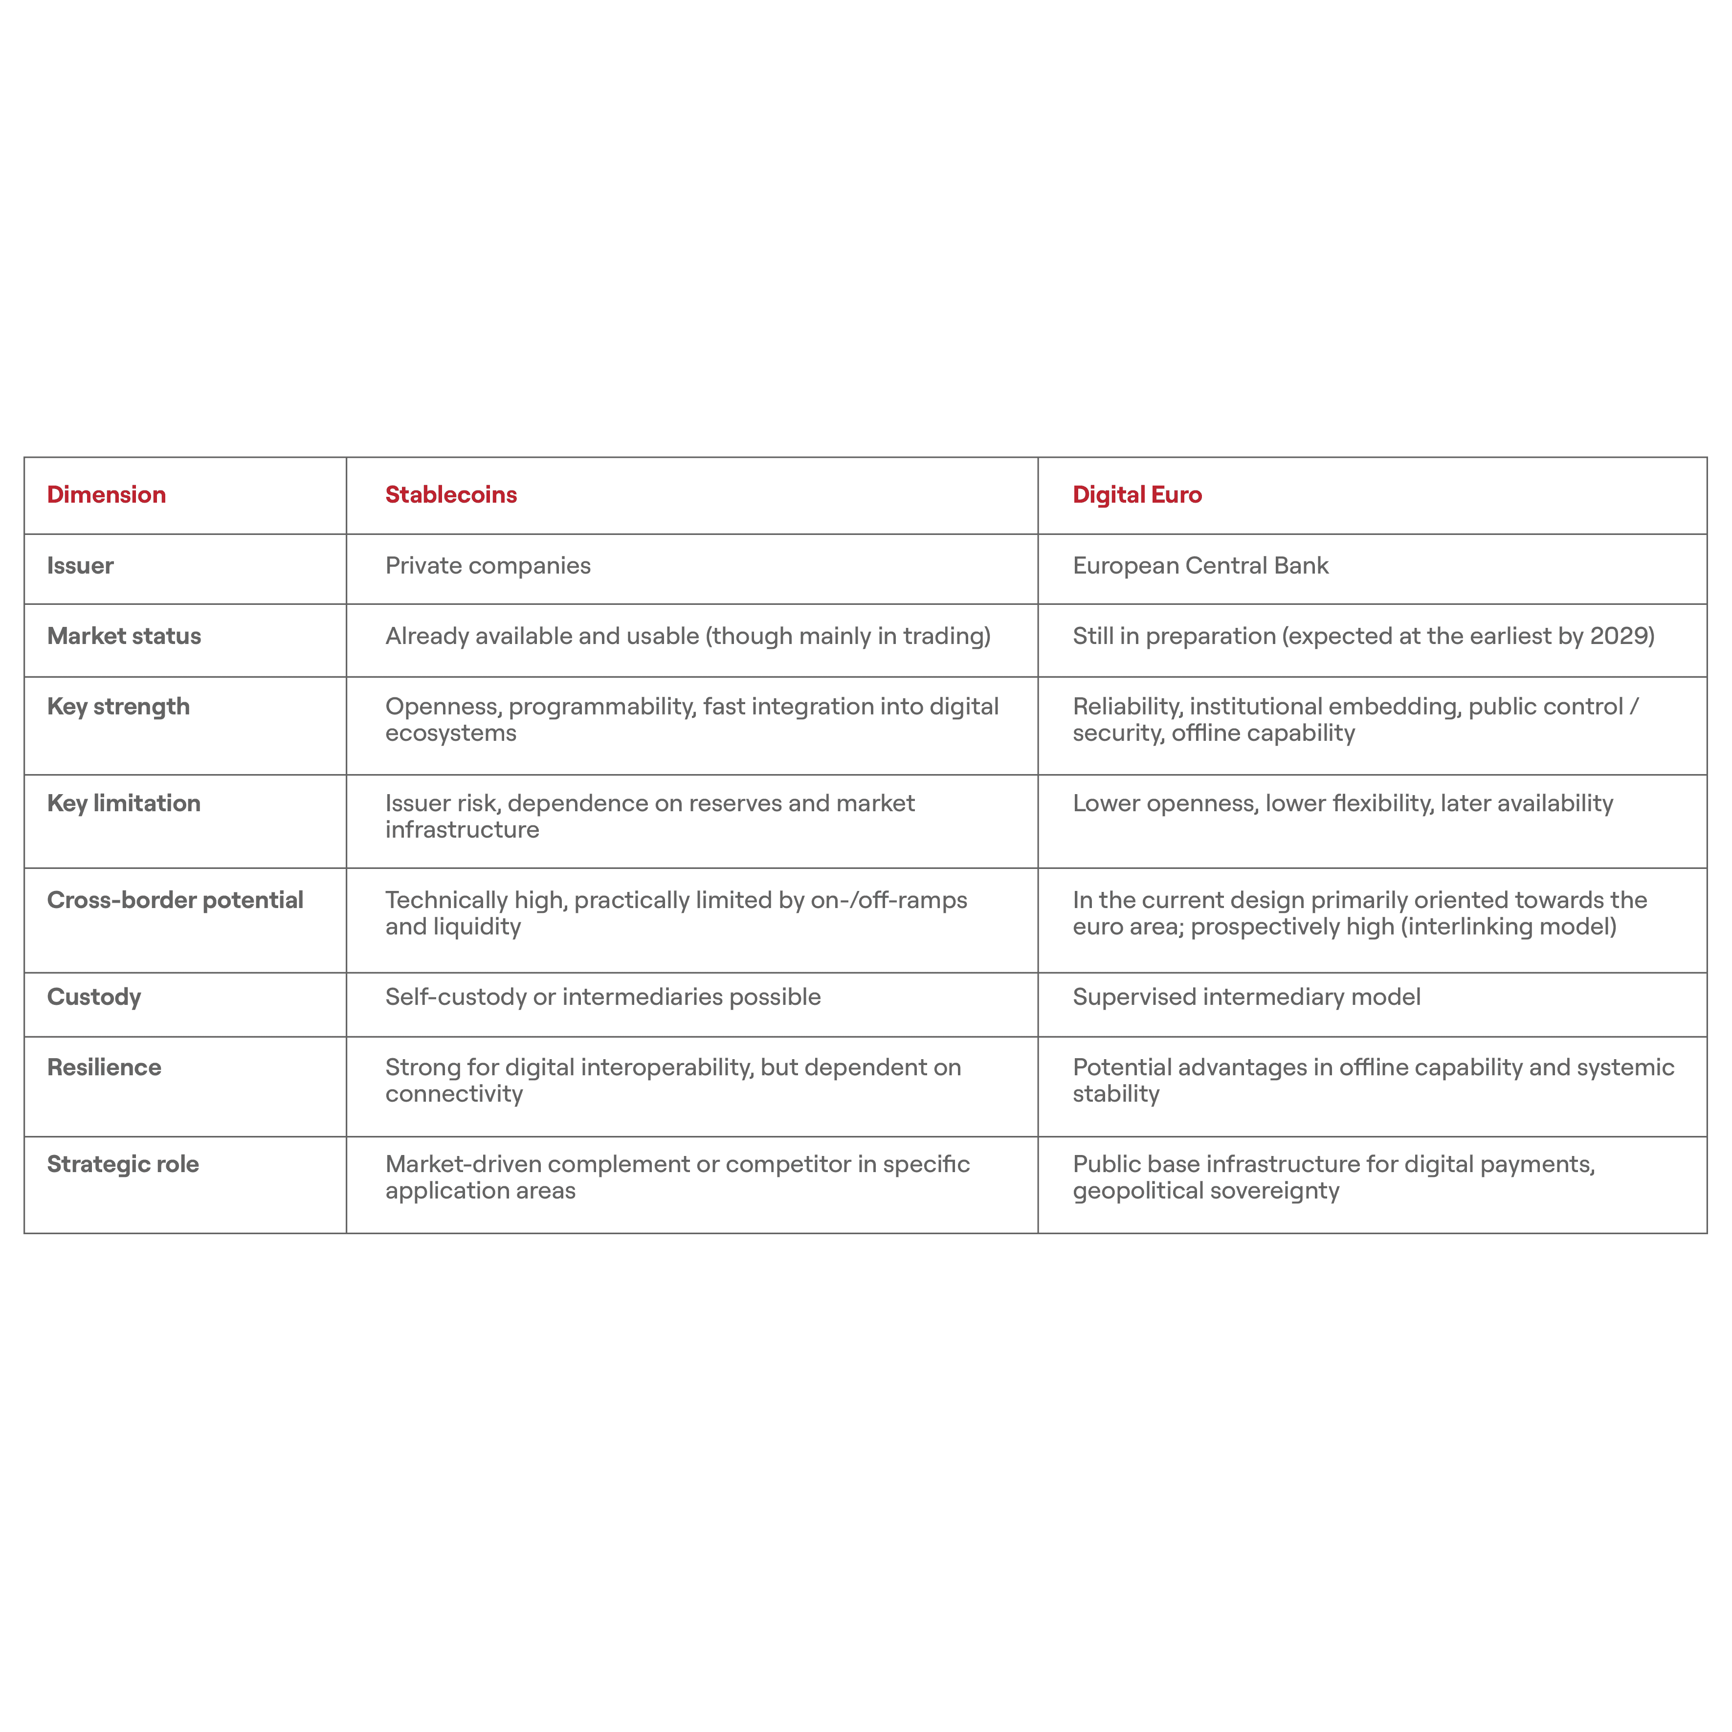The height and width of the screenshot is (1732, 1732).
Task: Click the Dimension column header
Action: coord(106,495)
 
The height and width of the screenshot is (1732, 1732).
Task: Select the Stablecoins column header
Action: coord(451,495)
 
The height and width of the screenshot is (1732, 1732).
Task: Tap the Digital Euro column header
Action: coord(1137,495)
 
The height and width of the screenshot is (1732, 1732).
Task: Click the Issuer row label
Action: coord(80,566)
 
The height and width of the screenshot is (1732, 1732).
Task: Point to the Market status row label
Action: coord(124,637)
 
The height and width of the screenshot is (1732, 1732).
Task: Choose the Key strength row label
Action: coord(118,707)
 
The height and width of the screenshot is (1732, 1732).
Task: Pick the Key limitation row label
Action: coord(124,803)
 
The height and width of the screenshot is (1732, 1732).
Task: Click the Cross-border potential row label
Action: coord(175,900)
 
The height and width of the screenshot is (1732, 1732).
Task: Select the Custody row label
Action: coord(94,997)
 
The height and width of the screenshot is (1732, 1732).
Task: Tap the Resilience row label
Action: coord(104,1068)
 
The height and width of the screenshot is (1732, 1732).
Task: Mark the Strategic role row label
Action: coord(123,1165)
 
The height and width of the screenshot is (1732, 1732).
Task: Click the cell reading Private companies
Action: coord(488,566)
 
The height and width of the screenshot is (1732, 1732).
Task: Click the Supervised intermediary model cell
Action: coord(1246,997)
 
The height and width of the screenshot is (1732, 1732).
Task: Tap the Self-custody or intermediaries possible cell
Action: coord(603,997)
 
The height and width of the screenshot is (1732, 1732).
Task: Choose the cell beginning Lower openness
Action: coord(1342,803)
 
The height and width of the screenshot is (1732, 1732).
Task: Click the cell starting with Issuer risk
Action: coord(650,816)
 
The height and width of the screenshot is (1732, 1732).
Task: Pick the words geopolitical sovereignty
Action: coord(1206,1191)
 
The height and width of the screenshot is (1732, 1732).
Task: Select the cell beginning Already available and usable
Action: coord(688,637)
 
